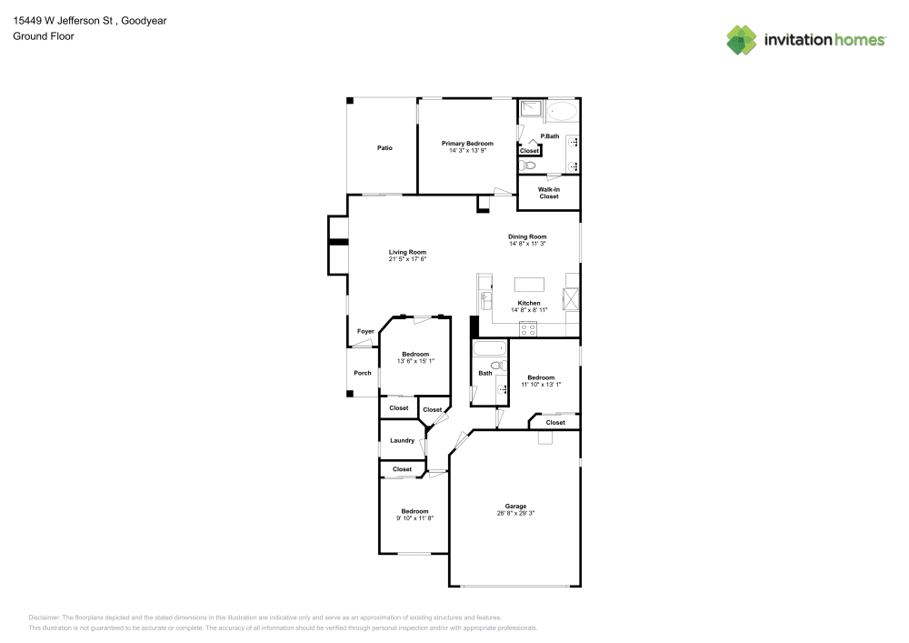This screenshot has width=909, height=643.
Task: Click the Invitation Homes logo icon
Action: point(742,39)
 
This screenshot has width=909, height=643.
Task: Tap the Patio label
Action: point(385,147)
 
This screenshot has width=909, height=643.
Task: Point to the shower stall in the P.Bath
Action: point(530,112)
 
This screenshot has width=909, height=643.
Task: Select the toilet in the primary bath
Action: point(529,166)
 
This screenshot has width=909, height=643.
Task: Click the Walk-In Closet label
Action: point(549,193)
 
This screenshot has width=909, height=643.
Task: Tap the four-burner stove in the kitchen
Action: point(528,328)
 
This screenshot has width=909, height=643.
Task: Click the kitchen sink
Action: point(485,297)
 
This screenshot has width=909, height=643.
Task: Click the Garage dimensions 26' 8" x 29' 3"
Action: point(515,514)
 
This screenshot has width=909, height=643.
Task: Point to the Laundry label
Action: point(402,441)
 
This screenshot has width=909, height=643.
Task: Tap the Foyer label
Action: point(365,332)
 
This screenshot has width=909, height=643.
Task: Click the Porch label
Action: point(363,373)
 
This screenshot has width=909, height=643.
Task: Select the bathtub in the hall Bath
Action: point(488,349)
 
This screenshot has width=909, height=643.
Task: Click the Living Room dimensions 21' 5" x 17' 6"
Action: point(407,259)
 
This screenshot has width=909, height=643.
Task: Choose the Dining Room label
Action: point(527,236)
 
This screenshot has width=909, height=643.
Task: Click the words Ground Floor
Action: point(44,36)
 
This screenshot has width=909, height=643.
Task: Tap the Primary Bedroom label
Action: point(467,144)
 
